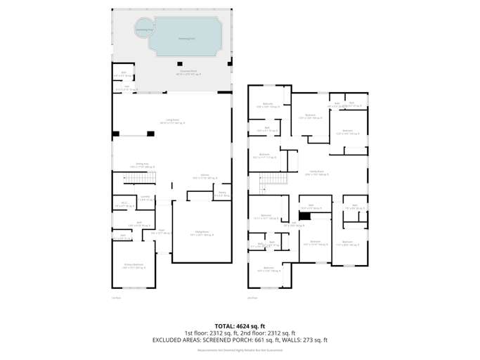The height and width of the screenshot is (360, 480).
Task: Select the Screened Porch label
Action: (187, 72)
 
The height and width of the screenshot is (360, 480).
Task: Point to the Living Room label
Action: (171, 121)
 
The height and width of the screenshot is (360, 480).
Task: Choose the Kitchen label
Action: (205, 176)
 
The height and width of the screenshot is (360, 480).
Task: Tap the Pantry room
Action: (222, 193)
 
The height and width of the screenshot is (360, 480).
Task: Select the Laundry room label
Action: (144, 198)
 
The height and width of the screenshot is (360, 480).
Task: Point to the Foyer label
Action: (161, 231)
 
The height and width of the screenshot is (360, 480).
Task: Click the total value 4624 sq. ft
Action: (249, 326)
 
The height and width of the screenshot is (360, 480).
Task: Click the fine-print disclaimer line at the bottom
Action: (240, 349)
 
